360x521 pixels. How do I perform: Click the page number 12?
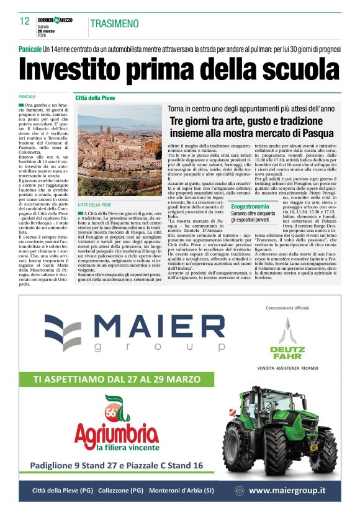[25, 21]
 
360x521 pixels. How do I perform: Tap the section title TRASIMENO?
[114, 24]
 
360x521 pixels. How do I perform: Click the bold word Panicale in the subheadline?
[30, 49]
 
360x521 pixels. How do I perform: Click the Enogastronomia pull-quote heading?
[250, 206]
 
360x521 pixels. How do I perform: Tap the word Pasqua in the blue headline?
[315, 131]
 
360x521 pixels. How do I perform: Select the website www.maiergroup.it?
[286, 490]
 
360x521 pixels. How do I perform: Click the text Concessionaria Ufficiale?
[287, 308]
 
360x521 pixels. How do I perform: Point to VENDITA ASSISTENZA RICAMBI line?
[287, 368]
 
